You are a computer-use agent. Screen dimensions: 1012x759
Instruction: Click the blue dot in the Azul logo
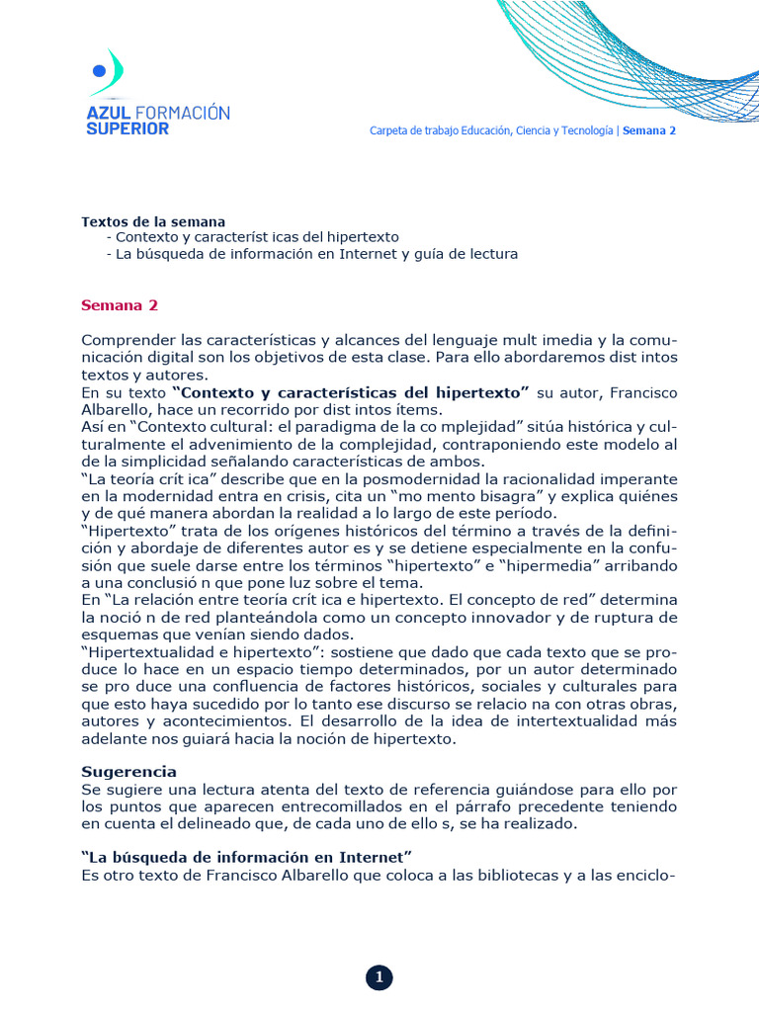[98, 70]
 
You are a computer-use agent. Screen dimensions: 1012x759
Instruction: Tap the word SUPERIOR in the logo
[127, 128]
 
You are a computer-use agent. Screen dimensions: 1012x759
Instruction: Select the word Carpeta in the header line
[389, 130]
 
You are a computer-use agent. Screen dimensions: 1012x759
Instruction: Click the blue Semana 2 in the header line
[649, 130]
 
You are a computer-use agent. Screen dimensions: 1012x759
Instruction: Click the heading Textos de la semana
[153, 221]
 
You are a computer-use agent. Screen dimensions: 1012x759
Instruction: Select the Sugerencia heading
[128, 771]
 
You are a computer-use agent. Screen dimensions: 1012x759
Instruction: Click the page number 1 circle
[379, 978]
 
